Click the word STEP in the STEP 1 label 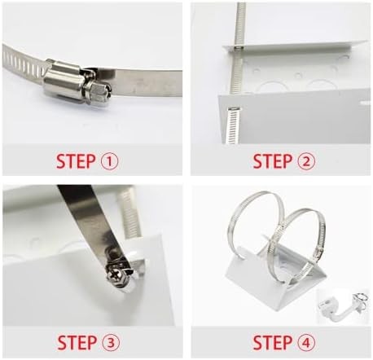tap(76, 161)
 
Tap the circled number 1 tap(110, 161)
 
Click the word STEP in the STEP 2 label tap(272, 161)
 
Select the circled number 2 tap(306, 161)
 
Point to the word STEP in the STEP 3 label tap(77, 342)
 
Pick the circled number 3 tap(111, 343)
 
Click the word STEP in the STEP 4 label tap(272, 342)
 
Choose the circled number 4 tap(306, 343)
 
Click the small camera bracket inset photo tap(343, 306)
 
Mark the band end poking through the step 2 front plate tap(232, 125)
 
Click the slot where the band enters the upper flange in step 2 tap(238, 48)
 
